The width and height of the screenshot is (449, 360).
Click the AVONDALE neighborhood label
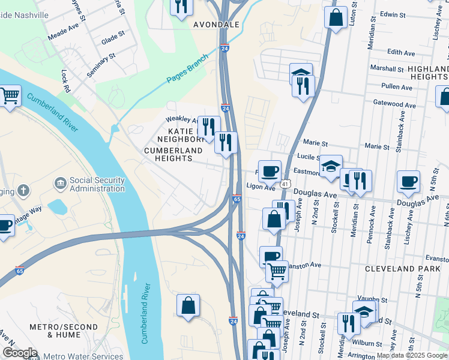point(217,25)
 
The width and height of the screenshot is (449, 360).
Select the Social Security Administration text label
point(97,184)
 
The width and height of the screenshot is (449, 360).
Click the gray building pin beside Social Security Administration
point(60,182)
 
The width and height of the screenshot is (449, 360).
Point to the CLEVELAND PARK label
point(402,269)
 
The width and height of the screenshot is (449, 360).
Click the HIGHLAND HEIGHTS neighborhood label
point(427,73)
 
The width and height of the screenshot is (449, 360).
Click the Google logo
point(20,353)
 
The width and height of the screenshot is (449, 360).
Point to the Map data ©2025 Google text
point(411,356)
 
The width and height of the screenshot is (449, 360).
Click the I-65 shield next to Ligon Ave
point(237,199)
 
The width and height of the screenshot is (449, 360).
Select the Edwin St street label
point(393,14)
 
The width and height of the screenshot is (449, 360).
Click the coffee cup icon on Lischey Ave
point(409,183)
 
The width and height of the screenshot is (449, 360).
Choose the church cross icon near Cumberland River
point(23,191)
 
